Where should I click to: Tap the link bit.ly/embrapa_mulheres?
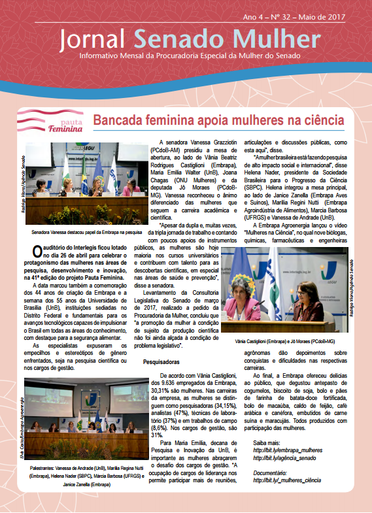[284, 450]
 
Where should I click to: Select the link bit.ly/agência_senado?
[282, 458]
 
